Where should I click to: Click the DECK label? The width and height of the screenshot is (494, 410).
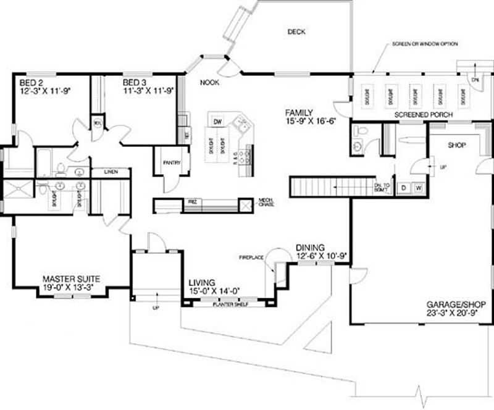pos(296,31)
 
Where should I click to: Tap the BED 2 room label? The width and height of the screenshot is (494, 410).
pos(31,82)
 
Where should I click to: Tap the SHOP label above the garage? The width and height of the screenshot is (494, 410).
pos(458,145)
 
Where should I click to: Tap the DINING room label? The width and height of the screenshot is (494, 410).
pos(310,246)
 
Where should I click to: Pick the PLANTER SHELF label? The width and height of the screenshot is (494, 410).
pos(230,304)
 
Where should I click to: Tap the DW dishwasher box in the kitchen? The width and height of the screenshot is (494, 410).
pos(218,122)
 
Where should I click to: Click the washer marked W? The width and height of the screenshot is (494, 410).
pos(417,187)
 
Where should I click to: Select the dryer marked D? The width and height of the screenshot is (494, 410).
pos(404,187)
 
